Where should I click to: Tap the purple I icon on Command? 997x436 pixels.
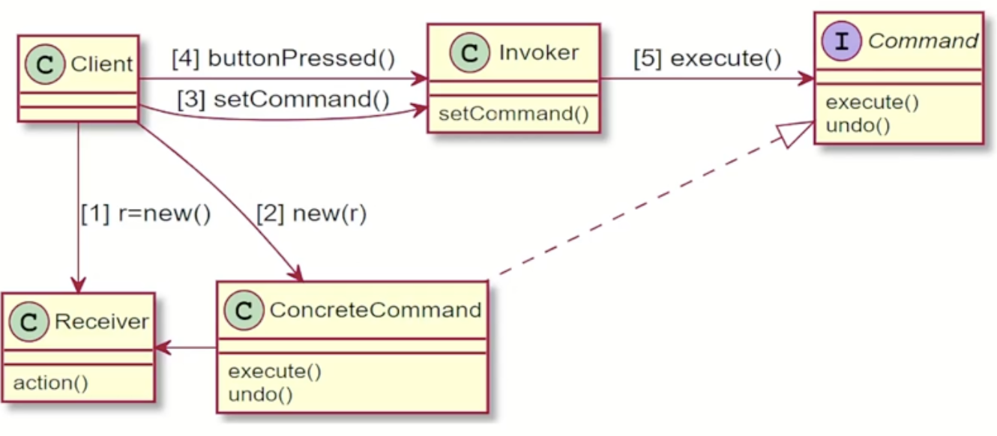pyautogui.click(x=847, y=40)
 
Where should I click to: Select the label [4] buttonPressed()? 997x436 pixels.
pyautogui.click(x=283, y=58)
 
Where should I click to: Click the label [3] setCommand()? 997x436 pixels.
pyautogui.click(x=283, y=100)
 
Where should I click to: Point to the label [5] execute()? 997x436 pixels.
pyautogui.click(x=707, y=58)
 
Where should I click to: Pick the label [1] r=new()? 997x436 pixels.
pyautogui.click(x=145, y=214)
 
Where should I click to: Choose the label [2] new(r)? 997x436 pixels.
pyautogui.click(x=311, y=214)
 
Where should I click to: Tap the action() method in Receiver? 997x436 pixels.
pyautogui.click(x=51, y=383)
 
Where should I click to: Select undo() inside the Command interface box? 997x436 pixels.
pyautogui.click(x=858, y=124)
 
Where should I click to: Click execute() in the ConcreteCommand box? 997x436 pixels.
pyautogui.click(x=274, y=372)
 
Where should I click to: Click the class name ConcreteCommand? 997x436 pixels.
pyautogui.click(x=375, y=310)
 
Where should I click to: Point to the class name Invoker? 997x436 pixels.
pyautogui.click(x=538, y=52)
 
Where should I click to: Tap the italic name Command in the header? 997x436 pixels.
pyautogui.click(x=922, y=40)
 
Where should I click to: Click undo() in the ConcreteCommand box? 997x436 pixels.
pyautogui.click(x=260, y=394)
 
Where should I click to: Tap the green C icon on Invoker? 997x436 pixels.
pyautogui.click(x=471, y=53)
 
